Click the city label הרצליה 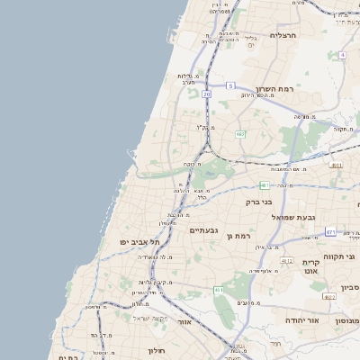[x=283, y=35]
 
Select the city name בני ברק [x=258, y=202]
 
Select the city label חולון [x=180, y=342]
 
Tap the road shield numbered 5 [x=230, y=85]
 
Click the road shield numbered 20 [x=206, y=94]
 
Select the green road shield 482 [x=240, y=134]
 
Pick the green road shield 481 [x=265, y=185]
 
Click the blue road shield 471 [x=330, y=232]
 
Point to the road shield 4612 [x=287, y=261]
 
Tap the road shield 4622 [x=329, y=296]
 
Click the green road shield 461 [x=219, y=290]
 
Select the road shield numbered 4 [x=343, y=55]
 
